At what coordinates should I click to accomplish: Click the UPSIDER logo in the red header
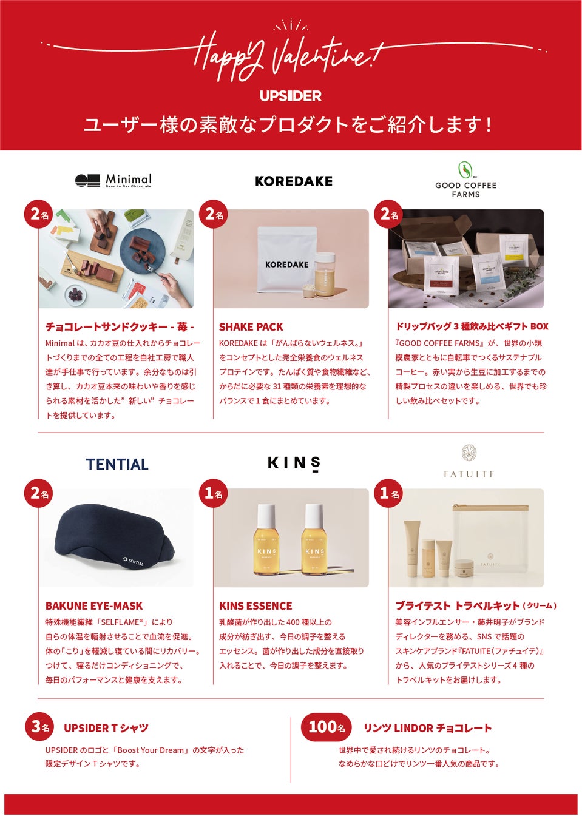[x=291, y=96]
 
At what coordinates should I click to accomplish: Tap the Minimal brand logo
[x=113, y=180]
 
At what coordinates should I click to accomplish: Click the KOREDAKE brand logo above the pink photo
[x=294, y=181]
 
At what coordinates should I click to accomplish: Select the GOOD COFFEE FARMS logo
[x=465, y=180]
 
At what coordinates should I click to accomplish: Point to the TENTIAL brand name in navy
[x=117, y=464]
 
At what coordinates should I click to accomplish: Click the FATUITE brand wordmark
[x=469, y=474]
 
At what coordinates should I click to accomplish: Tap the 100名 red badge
[x=326, y=727]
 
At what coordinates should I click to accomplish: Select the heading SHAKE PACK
[x=251, y=327]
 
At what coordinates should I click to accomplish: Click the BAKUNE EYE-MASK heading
[x=94, y=606]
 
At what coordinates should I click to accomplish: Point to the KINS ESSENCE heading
[x=255, y=606]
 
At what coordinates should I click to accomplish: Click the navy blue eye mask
[x=114, y=536]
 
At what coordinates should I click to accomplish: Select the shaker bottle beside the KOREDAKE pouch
[x=325, y=274]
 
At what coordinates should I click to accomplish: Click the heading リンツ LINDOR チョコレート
[x=428, y=728]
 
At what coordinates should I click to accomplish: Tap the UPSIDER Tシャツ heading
[x=106, y=728]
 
